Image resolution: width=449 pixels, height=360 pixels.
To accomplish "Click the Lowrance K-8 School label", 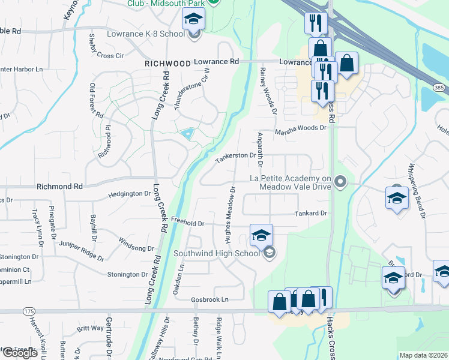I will click(146, 34).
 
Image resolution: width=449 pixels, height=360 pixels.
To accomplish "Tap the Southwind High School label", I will click(216, 253).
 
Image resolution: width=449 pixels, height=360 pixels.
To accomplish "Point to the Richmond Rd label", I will click(59, 187).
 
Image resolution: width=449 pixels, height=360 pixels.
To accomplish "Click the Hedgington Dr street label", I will click(130, 194).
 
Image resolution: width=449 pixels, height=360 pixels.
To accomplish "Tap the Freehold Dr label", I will click(188, 223).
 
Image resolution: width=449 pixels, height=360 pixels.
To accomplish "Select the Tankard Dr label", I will click(310, 213).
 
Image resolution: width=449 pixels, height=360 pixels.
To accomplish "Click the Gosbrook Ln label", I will click(210, 299).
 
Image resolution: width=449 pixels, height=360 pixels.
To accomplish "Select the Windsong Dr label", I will click(136, 244).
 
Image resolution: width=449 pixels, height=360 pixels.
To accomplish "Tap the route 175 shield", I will click(29, 311).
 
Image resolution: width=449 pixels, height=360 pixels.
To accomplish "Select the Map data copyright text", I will click(423, 355).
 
